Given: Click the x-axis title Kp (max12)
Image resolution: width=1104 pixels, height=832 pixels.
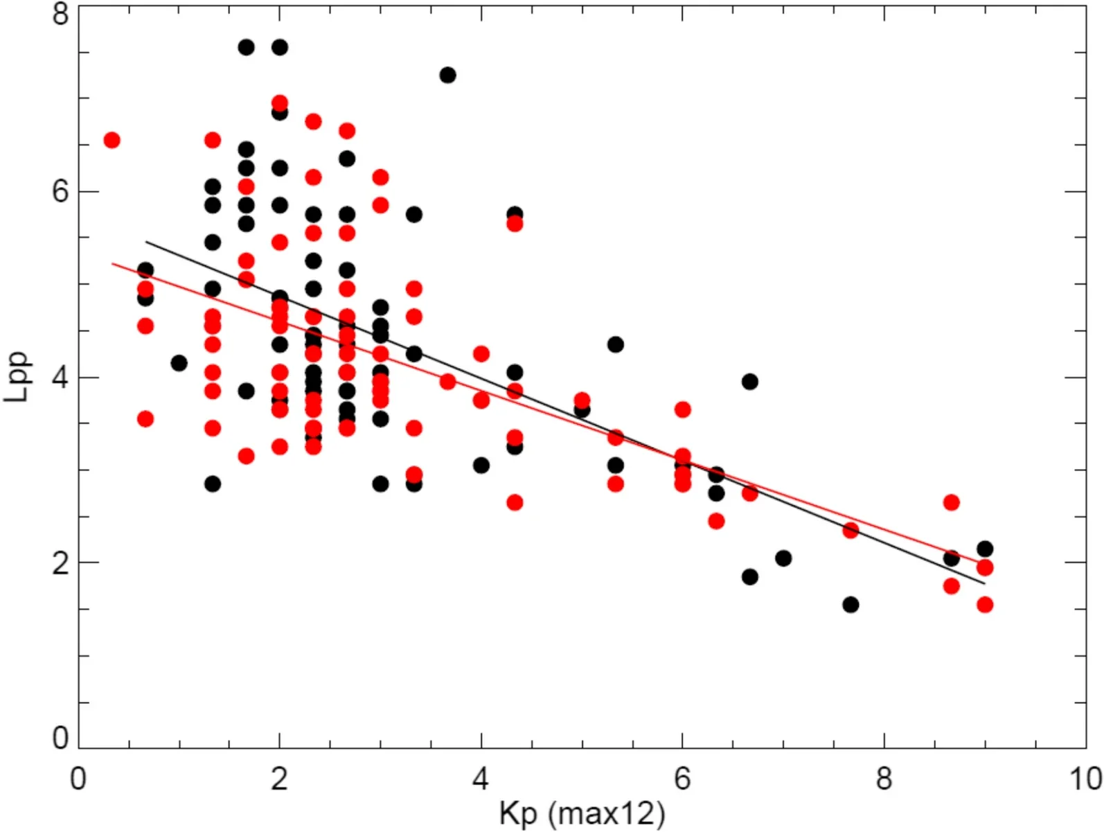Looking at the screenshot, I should (x=581, y=813).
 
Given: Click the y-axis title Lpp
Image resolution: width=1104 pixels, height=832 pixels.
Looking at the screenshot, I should (x=17, y=378).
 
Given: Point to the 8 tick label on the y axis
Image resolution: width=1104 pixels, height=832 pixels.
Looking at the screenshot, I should (x=61, y=14).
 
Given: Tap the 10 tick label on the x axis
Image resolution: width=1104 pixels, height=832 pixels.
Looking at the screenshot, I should (x=1085, y=779).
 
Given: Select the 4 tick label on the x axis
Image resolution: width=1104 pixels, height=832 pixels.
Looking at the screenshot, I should (x=481, y=779).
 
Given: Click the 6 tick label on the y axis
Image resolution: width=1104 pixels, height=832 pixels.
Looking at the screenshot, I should (x=61, y=191).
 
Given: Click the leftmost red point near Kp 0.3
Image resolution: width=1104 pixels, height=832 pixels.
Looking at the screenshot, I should (x=112, y=141).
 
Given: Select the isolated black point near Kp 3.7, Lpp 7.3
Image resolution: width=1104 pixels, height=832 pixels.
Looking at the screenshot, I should (x=447, y=75).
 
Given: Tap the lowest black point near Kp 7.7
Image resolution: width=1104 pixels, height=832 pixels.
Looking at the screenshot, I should (x=851, y=605).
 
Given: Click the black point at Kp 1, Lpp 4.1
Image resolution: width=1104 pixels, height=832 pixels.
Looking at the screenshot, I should (x=179, y=363).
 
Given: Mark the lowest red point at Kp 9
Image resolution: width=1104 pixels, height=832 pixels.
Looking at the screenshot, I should (x=985, y=605).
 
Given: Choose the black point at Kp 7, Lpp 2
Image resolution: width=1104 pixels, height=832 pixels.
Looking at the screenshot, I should (x=783, y=558).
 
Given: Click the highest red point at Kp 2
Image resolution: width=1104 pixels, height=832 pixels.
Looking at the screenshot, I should (x=279, y=103).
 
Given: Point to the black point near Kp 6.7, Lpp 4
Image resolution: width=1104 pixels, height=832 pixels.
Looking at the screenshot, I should (x=749, y=382).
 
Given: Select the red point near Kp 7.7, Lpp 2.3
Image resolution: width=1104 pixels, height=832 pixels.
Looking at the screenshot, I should (x=851, y=531).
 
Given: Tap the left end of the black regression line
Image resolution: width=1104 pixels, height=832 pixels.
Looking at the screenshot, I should (x=146, y=242).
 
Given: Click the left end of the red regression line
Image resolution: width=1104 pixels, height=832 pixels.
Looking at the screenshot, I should (x=113, y=263).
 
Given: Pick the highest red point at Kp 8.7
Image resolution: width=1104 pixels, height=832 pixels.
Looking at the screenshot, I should (x=951, y=502).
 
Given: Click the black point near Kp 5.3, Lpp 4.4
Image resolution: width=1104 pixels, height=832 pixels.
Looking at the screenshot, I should (x=615, y=344).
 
